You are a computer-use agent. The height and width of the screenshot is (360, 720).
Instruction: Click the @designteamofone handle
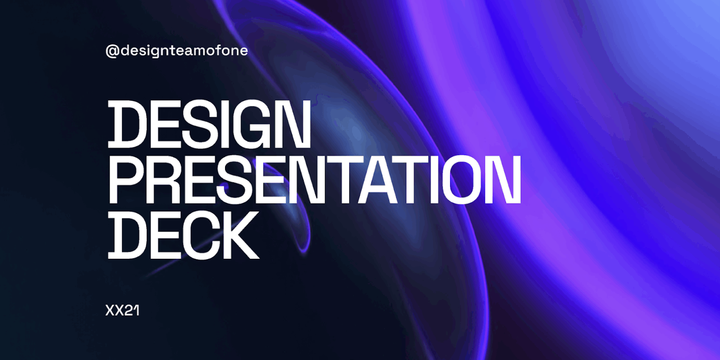coord(177,51)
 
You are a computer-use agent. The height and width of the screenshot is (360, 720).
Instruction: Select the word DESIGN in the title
coord(210,124)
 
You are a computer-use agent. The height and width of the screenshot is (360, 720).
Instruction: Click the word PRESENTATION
coord(314,180)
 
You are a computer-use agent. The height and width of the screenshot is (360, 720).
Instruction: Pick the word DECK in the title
coord(183,235)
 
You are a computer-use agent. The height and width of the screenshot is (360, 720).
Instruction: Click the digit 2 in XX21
coord(129,311)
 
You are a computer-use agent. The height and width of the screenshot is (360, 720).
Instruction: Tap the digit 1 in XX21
coord(136,311)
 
